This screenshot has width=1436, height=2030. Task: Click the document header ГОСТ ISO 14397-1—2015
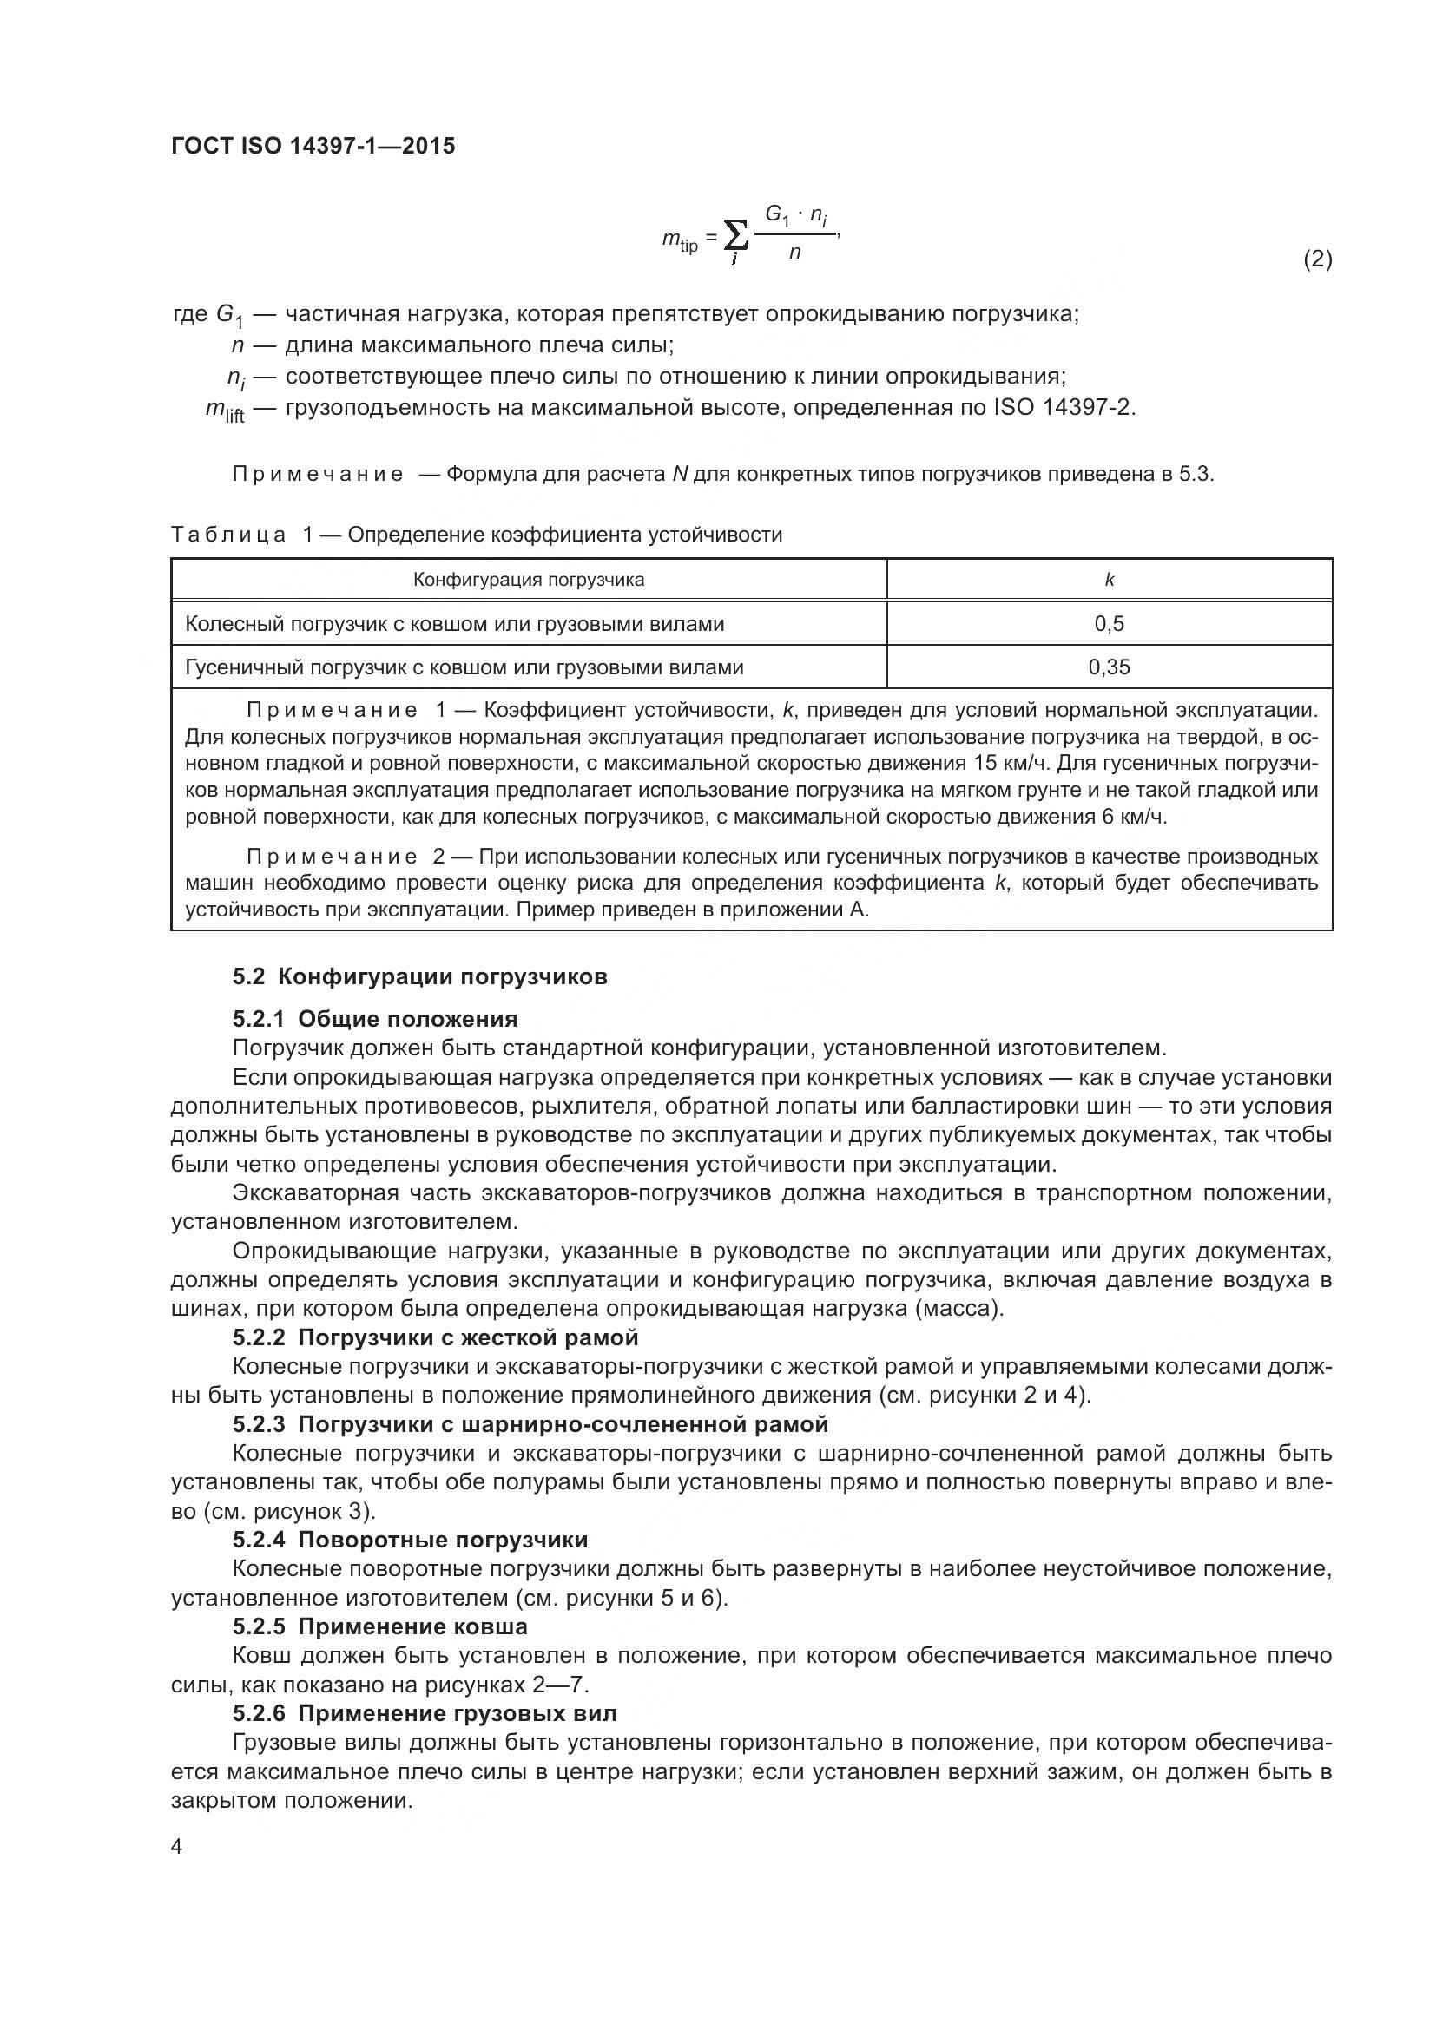click(x=313, y=146)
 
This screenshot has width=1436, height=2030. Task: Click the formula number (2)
click(x=1318, y=259)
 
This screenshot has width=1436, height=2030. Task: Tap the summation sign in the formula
click(x=734, y=236)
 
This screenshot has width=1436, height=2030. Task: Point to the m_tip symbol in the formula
click(x=680, y=240)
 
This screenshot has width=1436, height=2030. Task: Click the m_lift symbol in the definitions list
click(x=225, y=410)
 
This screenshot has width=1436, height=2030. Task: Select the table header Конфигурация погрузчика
click(x=529, y=580)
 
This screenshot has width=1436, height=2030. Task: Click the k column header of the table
click(x=1109, y=580)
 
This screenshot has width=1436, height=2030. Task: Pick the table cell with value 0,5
click(x=1109, y=624)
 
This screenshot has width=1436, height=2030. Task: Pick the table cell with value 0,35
click(x=1109, y=667)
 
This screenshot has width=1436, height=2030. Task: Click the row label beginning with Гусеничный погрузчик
click(x=464, y=667)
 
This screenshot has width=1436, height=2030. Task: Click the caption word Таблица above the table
click(x=228, y=535)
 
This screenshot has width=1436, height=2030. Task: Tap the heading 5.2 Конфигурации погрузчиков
click(x=420, y=977)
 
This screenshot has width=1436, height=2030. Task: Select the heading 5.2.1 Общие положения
click(x=375, y=1020)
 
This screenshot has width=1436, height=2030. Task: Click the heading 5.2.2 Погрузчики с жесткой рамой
click(x=435, y=1337)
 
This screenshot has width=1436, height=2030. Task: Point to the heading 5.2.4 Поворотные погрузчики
click(x=411, y=1541)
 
